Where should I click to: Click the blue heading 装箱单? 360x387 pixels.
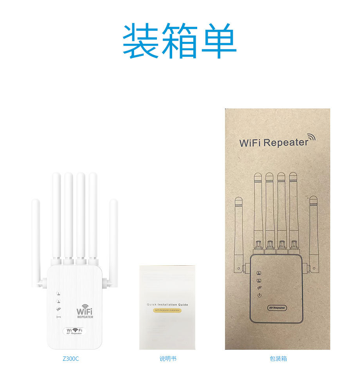180,41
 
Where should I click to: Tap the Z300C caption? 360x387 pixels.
70,358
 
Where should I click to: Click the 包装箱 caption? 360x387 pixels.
278,358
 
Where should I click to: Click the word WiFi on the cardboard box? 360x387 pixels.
250,143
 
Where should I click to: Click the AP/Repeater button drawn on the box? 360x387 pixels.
277,308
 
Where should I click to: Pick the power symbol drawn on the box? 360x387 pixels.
259,295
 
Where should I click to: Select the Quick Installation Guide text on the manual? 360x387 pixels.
167,304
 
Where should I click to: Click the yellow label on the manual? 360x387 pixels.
167,310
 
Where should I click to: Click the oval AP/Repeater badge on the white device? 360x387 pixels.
75,331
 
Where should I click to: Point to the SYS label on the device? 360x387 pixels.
58,317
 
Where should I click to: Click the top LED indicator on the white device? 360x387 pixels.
58,293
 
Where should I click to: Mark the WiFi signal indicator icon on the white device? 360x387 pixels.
58,310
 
